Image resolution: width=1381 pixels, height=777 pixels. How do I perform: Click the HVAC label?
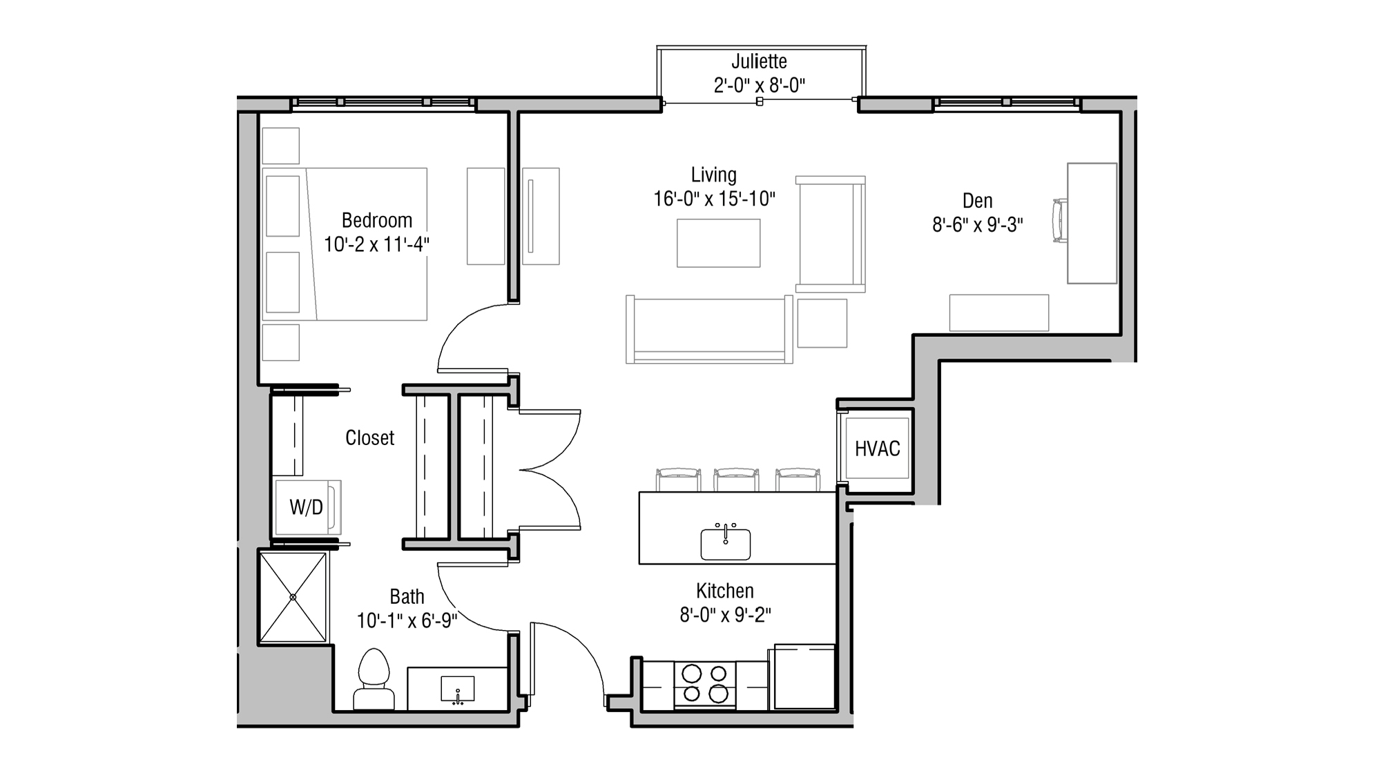tap(877, 449)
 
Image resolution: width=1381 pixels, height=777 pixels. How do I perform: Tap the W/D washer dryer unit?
tap(307, 508)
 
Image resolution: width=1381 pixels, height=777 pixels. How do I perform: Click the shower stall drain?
tap(293, 597)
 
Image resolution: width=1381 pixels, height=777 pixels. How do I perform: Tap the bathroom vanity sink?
tap(458, 689)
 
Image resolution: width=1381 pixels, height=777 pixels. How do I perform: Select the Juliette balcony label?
tap(759, 61)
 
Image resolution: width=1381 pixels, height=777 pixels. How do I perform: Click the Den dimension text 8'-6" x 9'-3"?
tap(977, 225)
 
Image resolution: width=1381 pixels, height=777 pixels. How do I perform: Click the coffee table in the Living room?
tap(718, 243)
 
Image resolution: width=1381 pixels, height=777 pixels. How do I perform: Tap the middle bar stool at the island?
tap(736, 479)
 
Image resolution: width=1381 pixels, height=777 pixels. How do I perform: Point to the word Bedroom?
tap(376, 220)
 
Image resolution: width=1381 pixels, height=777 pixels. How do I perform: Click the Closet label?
tap(369, 437)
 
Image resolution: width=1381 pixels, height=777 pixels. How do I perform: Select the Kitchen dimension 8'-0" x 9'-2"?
tap(725, 614)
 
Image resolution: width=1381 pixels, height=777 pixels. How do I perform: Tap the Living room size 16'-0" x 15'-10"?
tap(714, 199)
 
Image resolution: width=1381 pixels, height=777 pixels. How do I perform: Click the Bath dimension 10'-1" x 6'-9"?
tap(407, 620)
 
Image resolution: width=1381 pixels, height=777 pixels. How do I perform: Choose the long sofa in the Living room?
tap(709, 330)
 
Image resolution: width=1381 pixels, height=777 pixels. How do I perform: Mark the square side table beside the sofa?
tap(822, 323)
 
